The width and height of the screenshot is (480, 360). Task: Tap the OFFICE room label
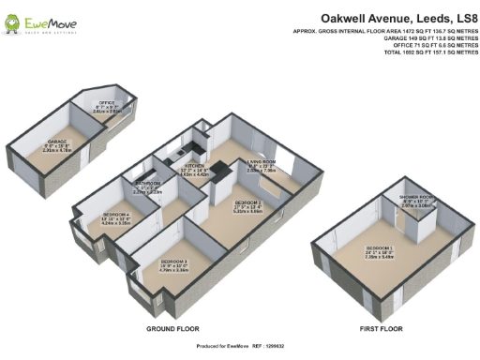[x=106, y=106]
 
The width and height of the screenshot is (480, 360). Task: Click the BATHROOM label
[x=149, y=187]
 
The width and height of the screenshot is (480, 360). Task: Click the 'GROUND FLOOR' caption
[x=172, y=329]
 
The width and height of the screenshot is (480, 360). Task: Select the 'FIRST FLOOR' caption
[x=382, y=329]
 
